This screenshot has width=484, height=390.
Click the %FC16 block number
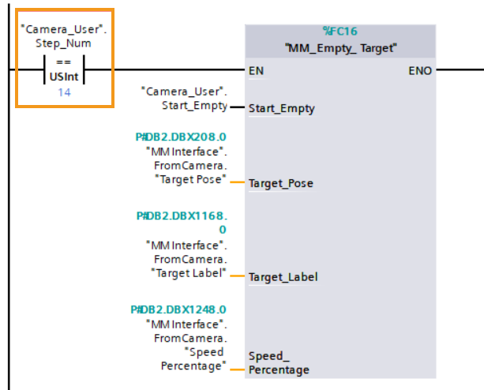tap(340, 32)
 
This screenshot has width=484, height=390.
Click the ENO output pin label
tap(419, 71)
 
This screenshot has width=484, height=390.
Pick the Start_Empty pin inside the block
tap(281, 108)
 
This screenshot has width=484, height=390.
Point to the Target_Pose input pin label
tap(280, 183)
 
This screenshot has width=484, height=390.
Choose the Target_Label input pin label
tap(283, 277)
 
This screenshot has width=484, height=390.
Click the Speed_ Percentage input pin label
tap(279, 362)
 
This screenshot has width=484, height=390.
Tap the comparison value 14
tap(63, 92)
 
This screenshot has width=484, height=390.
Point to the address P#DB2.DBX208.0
tap(181, 137)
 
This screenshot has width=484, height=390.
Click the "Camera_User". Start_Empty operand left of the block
tap(185, 99)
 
